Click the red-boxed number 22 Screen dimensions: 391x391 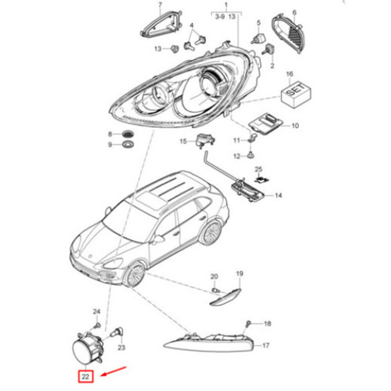point(86,377)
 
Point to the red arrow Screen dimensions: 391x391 point(113,371)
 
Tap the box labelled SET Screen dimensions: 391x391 point(296,96)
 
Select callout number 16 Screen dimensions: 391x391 point(289,74)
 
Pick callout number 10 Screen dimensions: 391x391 point(295,126)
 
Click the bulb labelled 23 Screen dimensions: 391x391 point(118,332)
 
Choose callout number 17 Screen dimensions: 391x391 point(266,345)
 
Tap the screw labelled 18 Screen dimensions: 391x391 point(248,324)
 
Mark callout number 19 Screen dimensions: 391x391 point(239,274)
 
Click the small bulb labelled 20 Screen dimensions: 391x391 point(216,290)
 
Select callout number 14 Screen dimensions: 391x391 point(278,195)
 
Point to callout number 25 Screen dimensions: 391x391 point(258,169)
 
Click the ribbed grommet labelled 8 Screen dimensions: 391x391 point(128,134)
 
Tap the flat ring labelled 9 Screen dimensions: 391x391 point(128,144)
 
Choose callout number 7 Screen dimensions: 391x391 point(160,5)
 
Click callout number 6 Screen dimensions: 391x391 point(294,13)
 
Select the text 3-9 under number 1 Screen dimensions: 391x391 point(220,17)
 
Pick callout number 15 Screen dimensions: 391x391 point(183,142)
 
